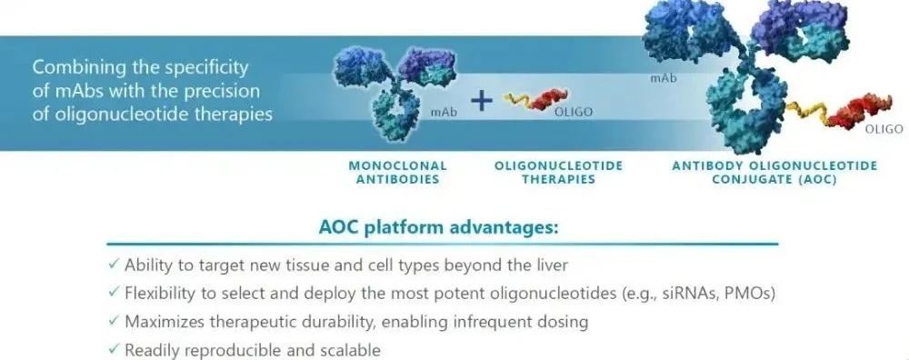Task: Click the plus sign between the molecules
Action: (x=481, y=103)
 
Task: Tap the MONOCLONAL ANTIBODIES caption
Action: (x=398, y=172)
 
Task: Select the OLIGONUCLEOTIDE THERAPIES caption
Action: (x=558, y=172)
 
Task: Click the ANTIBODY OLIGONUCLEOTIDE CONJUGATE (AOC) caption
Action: (x=774, y=172)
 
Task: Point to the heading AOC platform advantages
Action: (x=438, y=227)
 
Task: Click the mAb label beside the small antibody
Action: (x=444, y=113)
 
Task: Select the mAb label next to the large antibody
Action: (x=664, y=78)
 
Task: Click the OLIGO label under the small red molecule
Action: (x=574, y=113)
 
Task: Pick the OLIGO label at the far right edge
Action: (x=884, y=129)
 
